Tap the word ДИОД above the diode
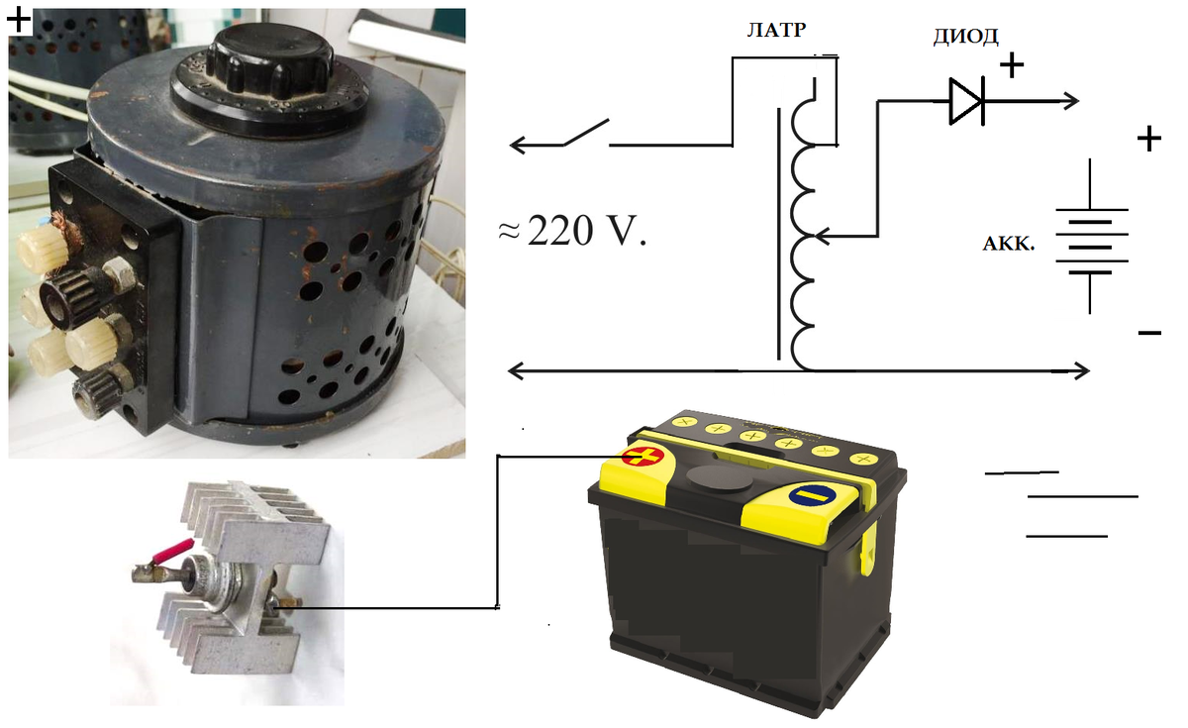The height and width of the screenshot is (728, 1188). (965, 38)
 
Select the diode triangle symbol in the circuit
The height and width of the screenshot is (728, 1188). (965, 100)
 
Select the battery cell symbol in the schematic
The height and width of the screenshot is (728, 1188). (1091, 238)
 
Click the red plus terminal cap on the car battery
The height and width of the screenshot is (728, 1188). (643, 457)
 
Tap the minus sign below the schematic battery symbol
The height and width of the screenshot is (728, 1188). (1149, 334)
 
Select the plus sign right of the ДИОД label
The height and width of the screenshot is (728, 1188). (1012, 65)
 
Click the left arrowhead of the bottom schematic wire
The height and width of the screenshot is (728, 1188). (515, 370)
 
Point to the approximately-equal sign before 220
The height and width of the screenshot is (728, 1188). (508, 231)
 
